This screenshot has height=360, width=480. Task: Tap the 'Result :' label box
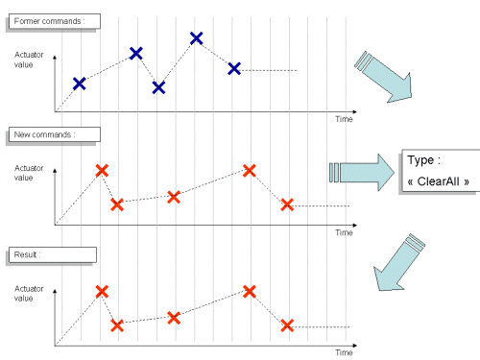pyautogui.click(x=52, y=255)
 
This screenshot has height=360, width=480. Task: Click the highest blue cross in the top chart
pyautogui.click(x=196, y=38)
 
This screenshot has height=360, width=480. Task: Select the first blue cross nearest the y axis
pyautogui.click(x=79, y=84)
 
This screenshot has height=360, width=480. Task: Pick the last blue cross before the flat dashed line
pyautogui.click(x=234, y=67)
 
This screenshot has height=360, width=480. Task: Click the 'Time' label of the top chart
pyautogui.click(x=344, y=119)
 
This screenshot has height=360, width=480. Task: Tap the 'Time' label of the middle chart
pyautogui.click(x=344, y=232)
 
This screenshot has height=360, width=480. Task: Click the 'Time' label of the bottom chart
pyautogui.click(x=344, y=352)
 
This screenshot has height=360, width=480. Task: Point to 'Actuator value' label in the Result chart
pyautogui.click(x=29, y=293)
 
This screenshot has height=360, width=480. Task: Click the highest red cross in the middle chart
pyautogui.click(x=250, y=170)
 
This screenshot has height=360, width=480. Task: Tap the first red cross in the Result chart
pyautogui.click(x=102, y=291)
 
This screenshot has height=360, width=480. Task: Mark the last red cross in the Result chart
pyautogui.click(x=286, y=325)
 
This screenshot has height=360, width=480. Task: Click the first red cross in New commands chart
pyautogui.click(x=102, y=170)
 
